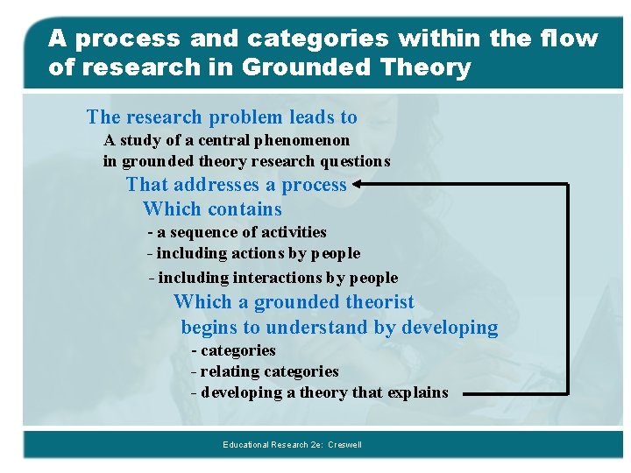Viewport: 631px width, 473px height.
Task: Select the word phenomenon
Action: pyautogui.click(x=306, y=140)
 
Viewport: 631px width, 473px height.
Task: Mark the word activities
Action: pyautogui.click(x=292, y=232)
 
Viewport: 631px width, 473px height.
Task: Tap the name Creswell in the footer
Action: pyautogui.click(x=344, y=445)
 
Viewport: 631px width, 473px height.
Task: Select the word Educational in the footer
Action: pyautogui.click(x=248, y=445)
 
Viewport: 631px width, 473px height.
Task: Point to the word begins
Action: pyautogui.click(x=209, y=328)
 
